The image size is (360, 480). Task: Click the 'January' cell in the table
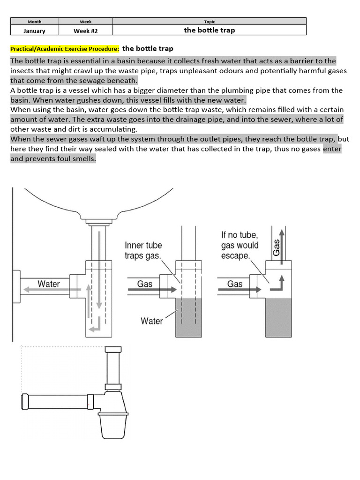click(x=34, y=30)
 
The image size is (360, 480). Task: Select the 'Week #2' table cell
click(x=86, y=30)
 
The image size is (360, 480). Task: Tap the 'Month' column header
click(x=34, y=22)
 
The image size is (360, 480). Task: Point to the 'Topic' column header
click(x=210, y=22)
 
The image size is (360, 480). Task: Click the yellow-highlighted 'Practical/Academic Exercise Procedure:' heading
click(x=65, y=49)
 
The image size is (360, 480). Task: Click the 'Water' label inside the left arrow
click(x=49, y=284)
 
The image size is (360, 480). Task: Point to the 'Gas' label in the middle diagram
click(x=144, y=284)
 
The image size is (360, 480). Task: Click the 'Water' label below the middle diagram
click(x=151, y=321)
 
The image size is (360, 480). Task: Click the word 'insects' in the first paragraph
click(x=22, y=70)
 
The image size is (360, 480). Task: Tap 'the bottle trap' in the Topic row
click(x=210, y=30)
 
